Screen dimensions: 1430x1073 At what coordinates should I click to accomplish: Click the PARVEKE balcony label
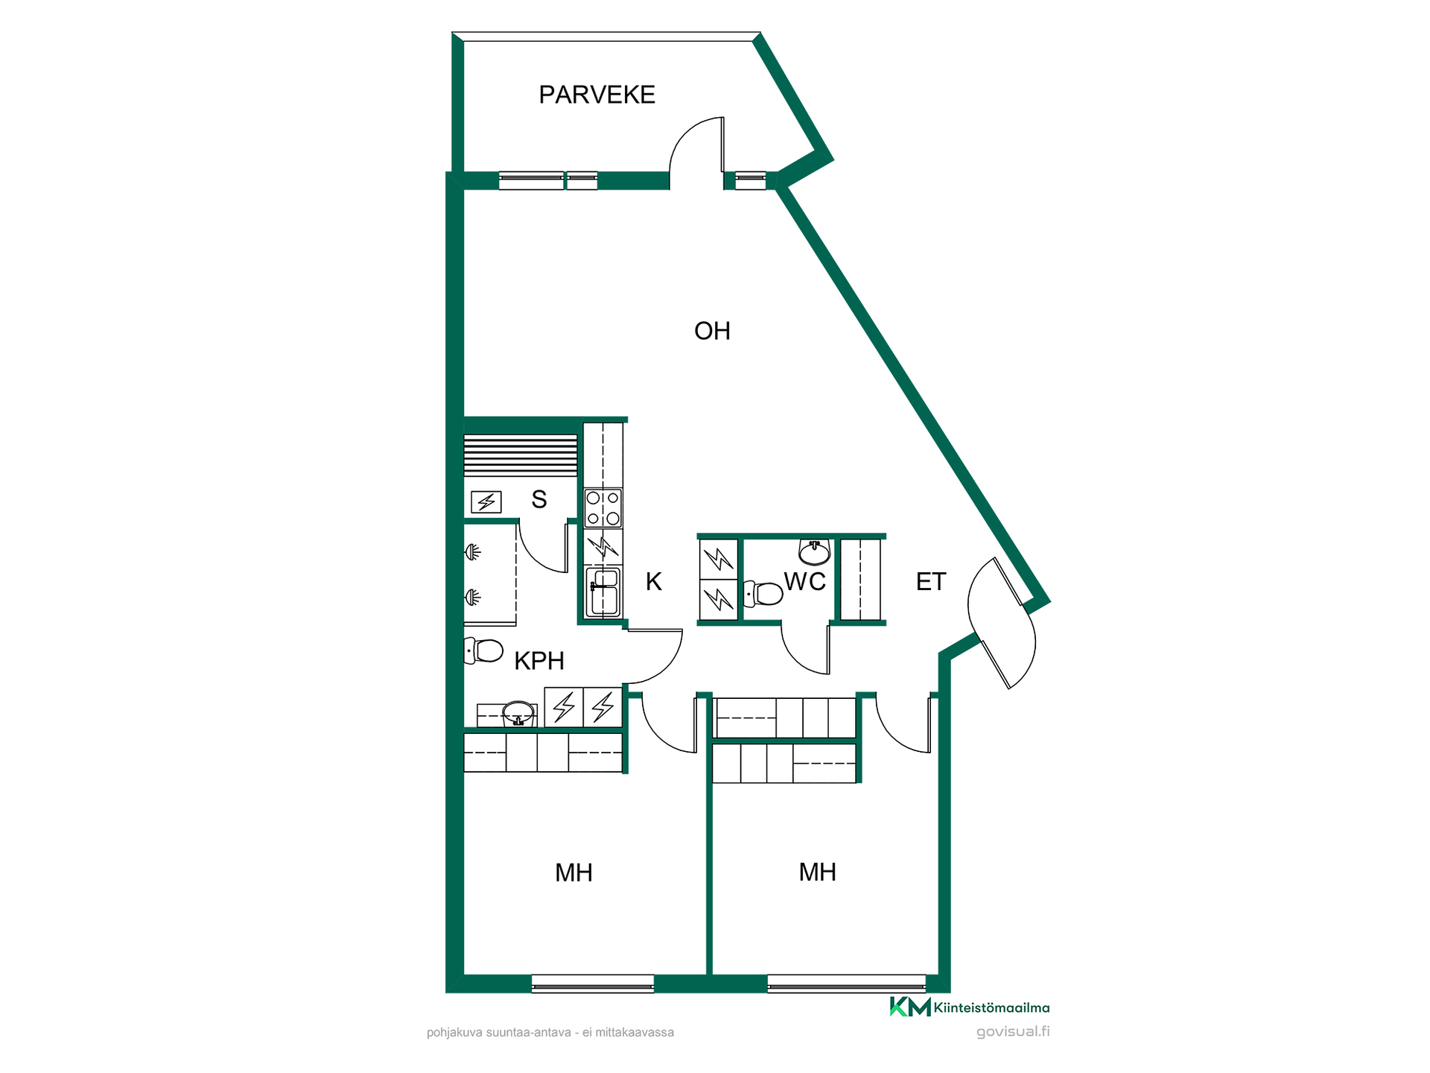point(597,95)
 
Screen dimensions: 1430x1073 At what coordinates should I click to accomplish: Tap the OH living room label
point(712,331)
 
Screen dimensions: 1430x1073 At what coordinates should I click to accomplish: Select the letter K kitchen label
point(653,581)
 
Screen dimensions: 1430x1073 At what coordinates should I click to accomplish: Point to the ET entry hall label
point(931,581)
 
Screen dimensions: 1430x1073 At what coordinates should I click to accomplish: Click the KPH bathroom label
point(539,661)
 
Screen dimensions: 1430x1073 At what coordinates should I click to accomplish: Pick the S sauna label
point(539,499)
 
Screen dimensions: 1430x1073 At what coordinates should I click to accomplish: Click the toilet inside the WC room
point(763,594)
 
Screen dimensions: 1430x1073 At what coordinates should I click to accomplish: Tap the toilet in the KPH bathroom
point(483,651)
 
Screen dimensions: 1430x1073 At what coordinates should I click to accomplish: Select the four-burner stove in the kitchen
point(603,508)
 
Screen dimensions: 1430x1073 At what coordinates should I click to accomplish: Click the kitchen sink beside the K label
point(603,592)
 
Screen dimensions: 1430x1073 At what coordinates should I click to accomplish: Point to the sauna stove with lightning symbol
point(486,502)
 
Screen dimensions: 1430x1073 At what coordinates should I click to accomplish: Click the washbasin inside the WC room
point(814,552)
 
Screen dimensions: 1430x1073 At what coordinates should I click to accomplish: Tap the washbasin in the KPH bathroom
point(518,713)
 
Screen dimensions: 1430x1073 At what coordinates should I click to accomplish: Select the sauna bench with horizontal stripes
point(521,456)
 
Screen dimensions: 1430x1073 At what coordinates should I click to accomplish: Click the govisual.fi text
point(1013,1031)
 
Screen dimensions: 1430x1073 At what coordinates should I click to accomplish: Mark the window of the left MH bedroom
point(593,984)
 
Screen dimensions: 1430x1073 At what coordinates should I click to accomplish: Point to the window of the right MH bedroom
point(847,984)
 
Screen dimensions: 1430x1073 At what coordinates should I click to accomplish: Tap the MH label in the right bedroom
point(817,873)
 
